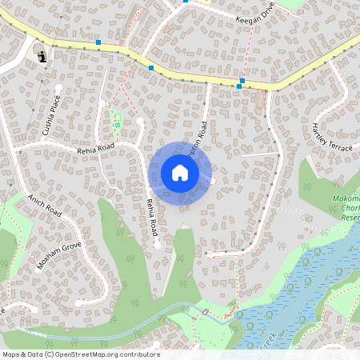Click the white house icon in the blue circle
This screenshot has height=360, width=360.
180,173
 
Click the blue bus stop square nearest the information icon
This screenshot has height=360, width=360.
98,42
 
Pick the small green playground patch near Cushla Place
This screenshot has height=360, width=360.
117,121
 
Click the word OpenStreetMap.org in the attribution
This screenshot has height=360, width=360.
94,354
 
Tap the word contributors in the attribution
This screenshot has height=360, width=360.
140,354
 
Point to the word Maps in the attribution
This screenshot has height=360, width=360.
11,354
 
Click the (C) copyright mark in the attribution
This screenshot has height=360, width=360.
50,354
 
